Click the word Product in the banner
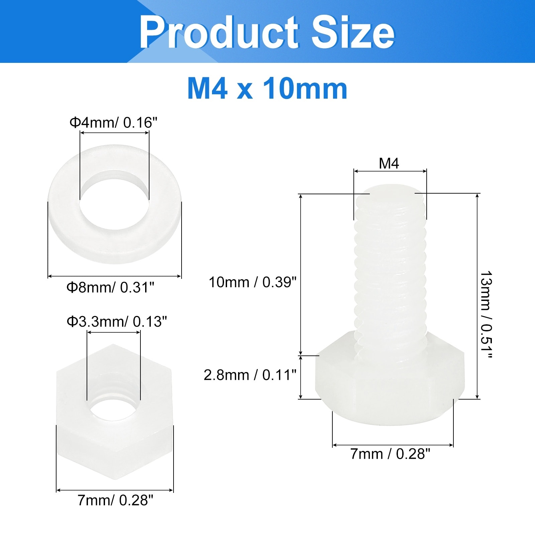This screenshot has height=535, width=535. [218, 32]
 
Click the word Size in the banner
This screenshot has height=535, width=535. [353, 32]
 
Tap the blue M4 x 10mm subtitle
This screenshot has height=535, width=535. [267, 89]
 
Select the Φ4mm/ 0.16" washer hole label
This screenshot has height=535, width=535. [113, 123]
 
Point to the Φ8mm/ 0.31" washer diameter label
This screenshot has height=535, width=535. [111, 287]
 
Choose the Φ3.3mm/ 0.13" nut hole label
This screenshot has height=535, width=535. [117, 322]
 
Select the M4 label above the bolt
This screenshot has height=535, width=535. [389, 164]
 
